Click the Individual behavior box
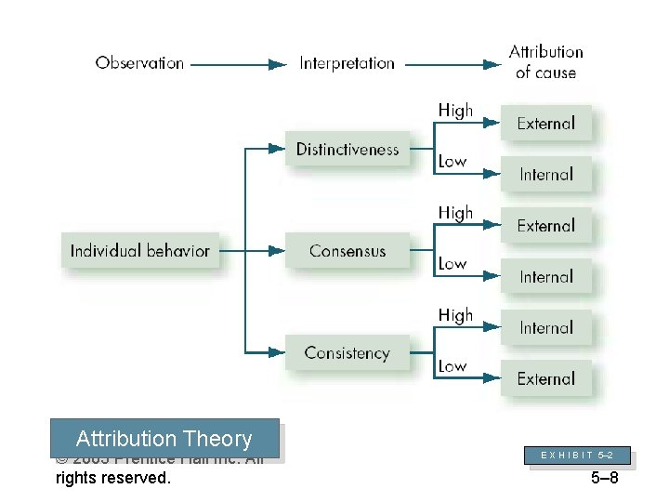(x=140, y=251)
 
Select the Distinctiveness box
(x=348, y=150)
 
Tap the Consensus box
(x=348, y=251)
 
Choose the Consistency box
(x=348, y=353)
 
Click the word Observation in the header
(x=139, y=63)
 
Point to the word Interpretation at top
(x=347, y=63)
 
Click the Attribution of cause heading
(x=546, y=62)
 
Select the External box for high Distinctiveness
(x=546, y=124)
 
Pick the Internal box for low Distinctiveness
(x=546, y=175)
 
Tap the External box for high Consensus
(x=546, y=226)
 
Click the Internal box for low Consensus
(x=546, y=277)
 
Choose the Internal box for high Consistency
(x=546, y=328)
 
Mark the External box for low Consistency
(x=546, y=379)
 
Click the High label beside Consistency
(x=455, y=316)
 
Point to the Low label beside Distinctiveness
(x=453, y=162)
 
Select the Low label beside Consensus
(x=453, y=264)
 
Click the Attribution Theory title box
(x=164, y=439)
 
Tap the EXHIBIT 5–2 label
(x=576, y=456)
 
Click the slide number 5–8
(x=604, y=479)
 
